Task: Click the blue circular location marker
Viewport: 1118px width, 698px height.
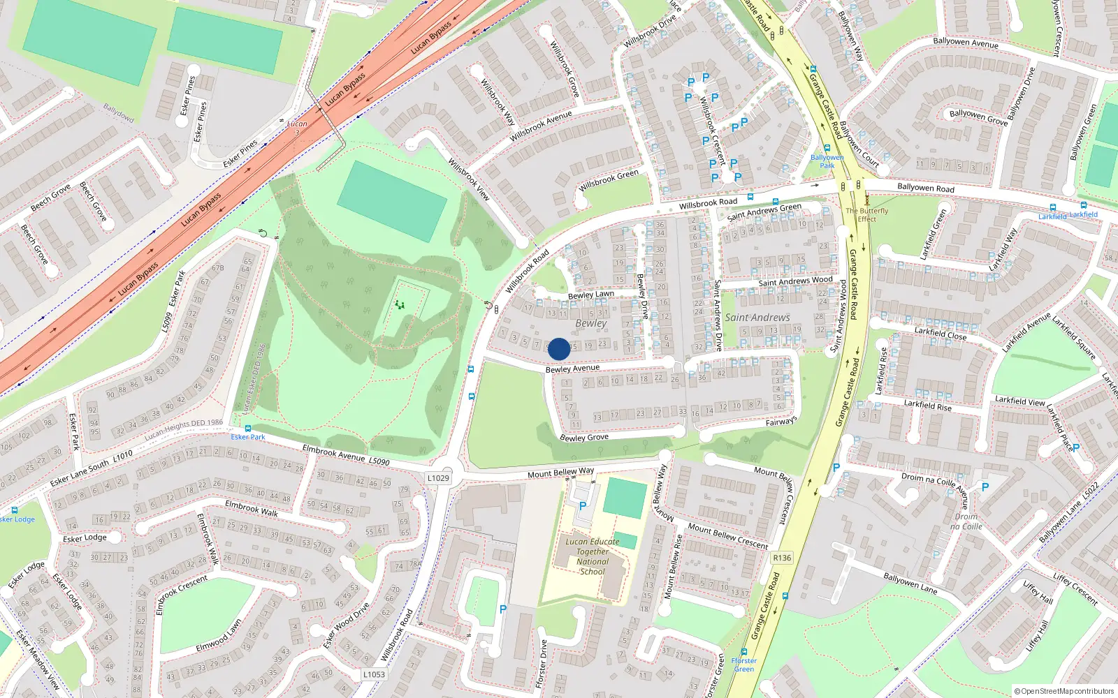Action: [x=559, y=349]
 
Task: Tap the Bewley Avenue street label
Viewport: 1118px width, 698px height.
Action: [x=572, y=368]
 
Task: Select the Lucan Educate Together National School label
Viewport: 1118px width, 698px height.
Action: [x=593, y=556]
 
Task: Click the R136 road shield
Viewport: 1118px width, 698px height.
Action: [x=782, y=558]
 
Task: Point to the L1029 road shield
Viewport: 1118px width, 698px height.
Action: [x=438, y=478]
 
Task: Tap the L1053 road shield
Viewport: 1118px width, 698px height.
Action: [x=374, y=674]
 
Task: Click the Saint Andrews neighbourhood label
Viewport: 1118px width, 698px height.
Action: [x=757, y=318]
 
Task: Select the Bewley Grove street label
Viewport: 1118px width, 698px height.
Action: [x=584, y=438]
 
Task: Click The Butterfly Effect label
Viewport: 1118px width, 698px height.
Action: [x=866, y=214]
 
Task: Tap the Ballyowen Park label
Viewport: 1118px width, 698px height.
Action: [x=827, y=161]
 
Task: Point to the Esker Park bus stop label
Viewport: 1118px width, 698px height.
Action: [x=248, y=437]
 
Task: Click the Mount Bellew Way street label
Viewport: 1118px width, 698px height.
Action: [x=560, y=473]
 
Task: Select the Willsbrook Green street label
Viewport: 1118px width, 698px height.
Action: [x=609, y=180]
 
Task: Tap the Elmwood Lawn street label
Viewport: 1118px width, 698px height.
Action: [x=219, y=636]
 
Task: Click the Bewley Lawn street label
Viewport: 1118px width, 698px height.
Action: [x=591, y=295]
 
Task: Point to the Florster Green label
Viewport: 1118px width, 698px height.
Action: [x=743, y=664]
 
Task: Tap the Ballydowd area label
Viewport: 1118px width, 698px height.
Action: [x=118, y=112]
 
